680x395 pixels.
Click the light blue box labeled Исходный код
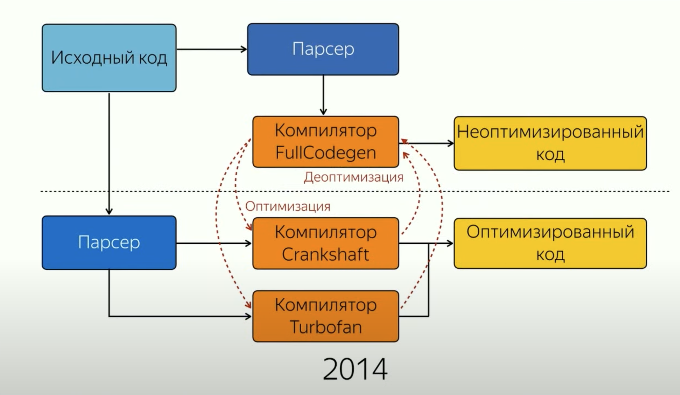coord(109,58)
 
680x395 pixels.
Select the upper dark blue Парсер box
coord(323,49)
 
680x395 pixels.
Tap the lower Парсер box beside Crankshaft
coord(109,243)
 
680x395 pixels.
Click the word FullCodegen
coord(326,153)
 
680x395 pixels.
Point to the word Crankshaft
coord(325,254)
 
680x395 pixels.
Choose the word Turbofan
coord(326,327)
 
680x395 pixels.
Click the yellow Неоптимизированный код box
coord(550,143)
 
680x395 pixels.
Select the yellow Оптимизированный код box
coord(550,243)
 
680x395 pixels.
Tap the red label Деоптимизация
coord(354,177)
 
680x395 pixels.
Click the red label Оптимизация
coord(288,207)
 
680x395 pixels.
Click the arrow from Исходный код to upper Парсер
coord(212,49)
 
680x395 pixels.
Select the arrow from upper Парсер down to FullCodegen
coord(323,95)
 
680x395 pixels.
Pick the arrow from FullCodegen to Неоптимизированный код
coord(426,143)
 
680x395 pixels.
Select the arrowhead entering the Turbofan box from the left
coord(248,316)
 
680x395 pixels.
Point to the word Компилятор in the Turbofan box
coord(326,305)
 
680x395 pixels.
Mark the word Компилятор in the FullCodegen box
coord(326,130)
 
